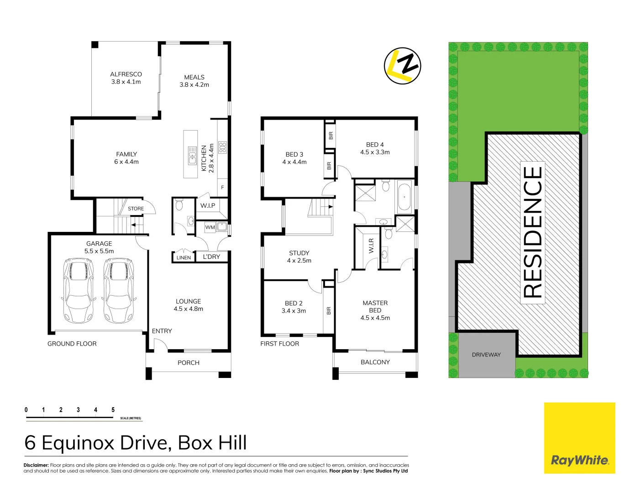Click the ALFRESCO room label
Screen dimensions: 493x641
tap(126, 78)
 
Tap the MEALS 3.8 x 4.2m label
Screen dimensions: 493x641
tap(194, 81)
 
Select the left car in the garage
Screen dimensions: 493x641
tap(79, 290)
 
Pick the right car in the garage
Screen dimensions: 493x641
tap(120, 290)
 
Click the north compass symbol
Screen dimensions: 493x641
tap(402, 66)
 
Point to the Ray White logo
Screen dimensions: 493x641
tap(579, 460)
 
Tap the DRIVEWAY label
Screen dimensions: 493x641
tap(486, 355)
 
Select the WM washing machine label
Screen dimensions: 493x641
tap(210, 227)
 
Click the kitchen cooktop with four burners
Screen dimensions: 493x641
tap(222, 147)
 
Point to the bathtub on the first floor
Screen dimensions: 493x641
tap(405, 197)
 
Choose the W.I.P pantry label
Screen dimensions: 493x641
tap(208, 206)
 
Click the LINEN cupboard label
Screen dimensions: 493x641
tap(184, 258)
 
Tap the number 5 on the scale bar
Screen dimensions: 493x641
tap(113, 410)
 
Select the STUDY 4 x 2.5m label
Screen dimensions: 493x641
tap(299, 257)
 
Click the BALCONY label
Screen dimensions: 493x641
tap(375, 362)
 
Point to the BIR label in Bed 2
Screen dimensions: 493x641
tap(329, 310)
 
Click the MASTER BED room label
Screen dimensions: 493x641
tap(375, 310)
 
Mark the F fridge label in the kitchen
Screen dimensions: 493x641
tap(222, 188)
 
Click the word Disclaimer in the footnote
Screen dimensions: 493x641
tap(36, 465)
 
